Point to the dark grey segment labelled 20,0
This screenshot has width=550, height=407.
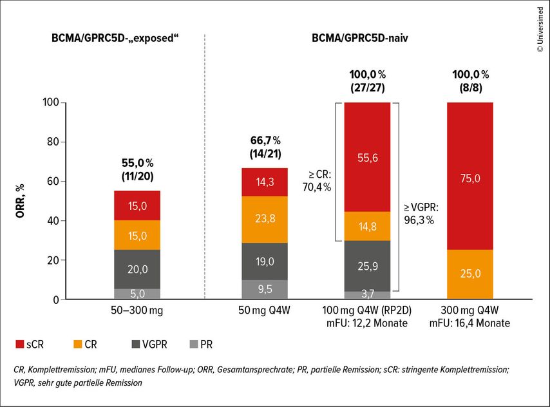pyautogui.click(x=137, y=270)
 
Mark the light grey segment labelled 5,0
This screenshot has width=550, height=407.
pyautogui.click(x=137, y=294)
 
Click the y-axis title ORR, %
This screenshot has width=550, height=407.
pyautogui.click(x=21, y=200)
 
